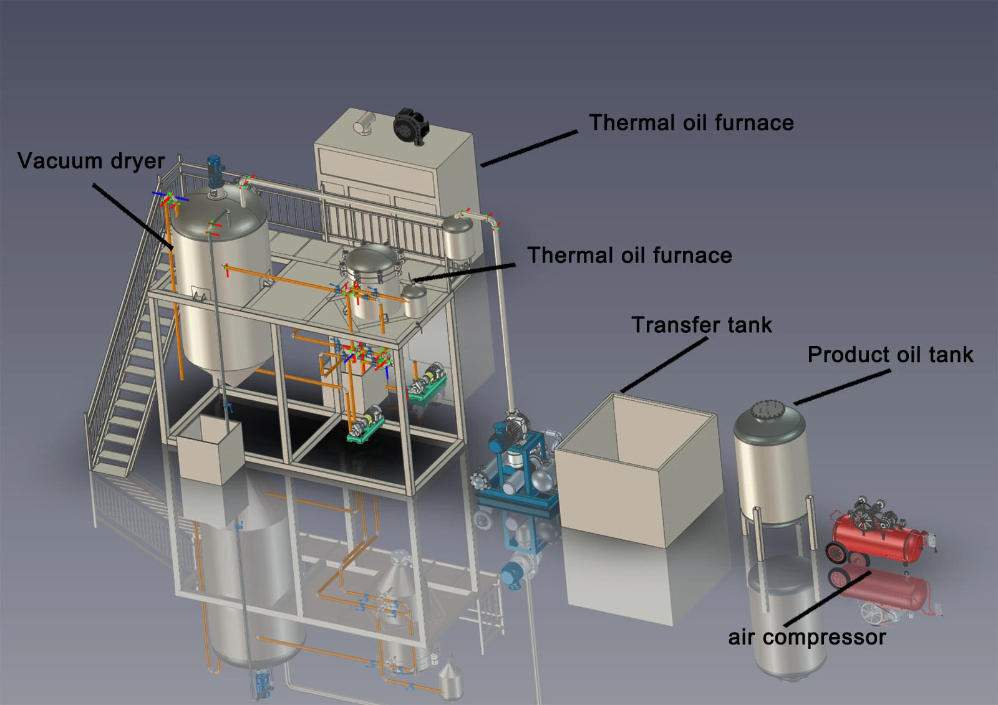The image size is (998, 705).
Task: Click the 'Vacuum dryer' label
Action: tap(91, 161)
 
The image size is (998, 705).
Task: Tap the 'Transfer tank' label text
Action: tap(702, 325)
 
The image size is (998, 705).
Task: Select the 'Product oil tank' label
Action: tap(890, 355)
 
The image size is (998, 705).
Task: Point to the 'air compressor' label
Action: tap(807, 638)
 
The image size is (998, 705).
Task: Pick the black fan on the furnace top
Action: tap(410, 126)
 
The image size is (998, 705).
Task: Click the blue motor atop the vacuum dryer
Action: tap(216, 172)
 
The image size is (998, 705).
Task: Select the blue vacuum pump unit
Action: tap(517, 463)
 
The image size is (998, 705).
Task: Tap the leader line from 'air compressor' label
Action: tap(827, 599)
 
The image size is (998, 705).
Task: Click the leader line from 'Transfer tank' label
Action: tap(664, 365)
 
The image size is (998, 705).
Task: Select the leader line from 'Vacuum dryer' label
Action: tap(133, 216)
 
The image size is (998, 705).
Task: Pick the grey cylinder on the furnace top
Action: tap(364, 122)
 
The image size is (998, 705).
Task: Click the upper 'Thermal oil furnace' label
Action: tap(691, 123)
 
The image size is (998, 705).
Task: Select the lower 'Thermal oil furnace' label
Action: tap(629, 256)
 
